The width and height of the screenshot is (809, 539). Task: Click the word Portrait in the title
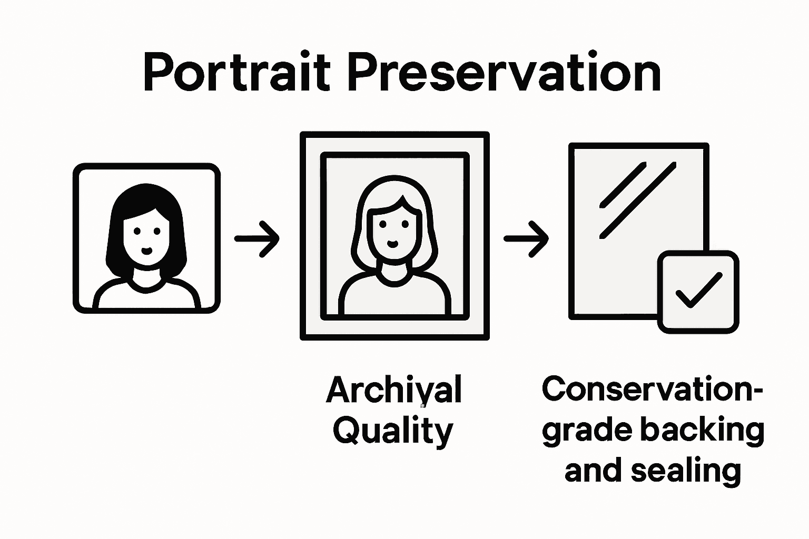(x=236, y=73)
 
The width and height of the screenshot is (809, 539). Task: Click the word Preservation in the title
(x=504, y=73)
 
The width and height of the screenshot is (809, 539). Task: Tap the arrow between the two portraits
(x=257, y=238)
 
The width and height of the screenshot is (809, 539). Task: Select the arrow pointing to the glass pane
(x=526, y=238)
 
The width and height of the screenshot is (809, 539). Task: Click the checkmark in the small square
(x=698, y=290)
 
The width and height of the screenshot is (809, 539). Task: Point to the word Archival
(x=393, y=391)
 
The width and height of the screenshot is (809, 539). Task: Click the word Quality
(x=393, y=432)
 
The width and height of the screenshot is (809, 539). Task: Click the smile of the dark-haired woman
(x=147, y=250)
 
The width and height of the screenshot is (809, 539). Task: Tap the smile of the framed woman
(x=393, y=243)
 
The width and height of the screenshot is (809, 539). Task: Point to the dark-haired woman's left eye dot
(x=137, y=231)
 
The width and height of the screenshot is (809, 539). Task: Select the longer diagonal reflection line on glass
(x=638, y=200)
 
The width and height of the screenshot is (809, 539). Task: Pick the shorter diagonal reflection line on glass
(x=623, y=185)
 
